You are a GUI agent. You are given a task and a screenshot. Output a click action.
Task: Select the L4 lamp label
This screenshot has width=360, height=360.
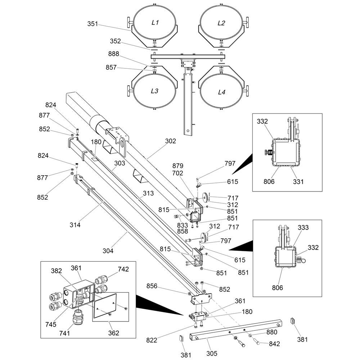[x=222, y=92]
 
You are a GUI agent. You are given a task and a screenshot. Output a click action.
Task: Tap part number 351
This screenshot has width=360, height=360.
[x=93, y=24]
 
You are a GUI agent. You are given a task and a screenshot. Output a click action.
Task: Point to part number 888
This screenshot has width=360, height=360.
[x=114, y=54]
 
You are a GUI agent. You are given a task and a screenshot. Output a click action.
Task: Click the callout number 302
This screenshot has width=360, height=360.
[x=171, y=141]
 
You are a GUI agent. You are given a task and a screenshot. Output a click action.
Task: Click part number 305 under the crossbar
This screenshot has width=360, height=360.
[x=212, y=354]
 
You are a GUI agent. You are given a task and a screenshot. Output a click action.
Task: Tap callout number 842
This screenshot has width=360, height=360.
[x=274, y=344]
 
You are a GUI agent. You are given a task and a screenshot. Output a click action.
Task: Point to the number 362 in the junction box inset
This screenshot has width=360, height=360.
[x=114, y=333]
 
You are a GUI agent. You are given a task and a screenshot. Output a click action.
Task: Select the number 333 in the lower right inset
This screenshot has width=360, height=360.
[x=303, y=228]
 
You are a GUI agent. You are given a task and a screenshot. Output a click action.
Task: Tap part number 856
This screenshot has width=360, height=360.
[x=152, y=286]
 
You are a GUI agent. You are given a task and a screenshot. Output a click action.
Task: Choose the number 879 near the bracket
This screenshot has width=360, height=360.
[x=178, y=166]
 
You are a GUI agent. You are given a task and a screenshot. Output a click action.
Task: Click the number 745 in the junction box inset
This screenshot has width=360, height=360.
[x=51, y=324]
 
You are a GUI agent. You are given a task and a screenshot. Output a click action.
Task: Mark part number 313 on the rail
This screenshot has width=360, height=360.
[x=148, y=193]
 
